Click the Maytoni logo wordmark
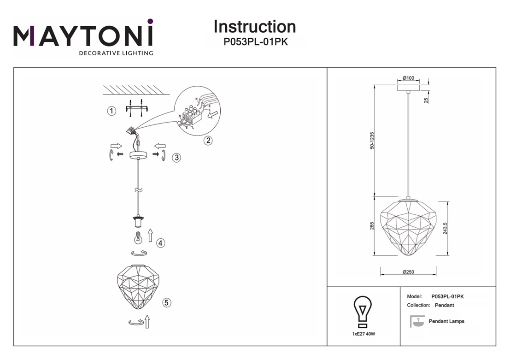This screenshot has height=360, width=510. (83, 35)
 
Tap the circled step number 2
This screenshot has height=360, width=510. (209, 141)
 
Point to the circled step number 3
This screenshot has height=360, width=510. (176, 158)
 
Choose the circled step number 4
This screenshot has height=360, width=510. (160, 243)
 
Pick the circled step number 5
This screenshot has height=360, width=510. (167, 302)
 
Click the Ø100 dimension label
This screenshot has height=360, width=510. (408, 78)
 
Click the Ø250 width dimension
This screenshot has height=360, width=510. (408, 272)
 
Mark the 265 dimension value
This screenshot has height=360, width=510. (372, 226)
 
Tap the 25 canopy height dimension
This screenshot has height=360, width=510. (426, 100)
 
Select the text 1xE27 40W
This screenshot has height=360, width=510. (363, 334)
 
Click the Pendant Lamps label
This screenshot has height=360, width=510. (446, 321)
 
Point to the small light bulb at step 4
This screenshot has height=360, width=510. (136, 238)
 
